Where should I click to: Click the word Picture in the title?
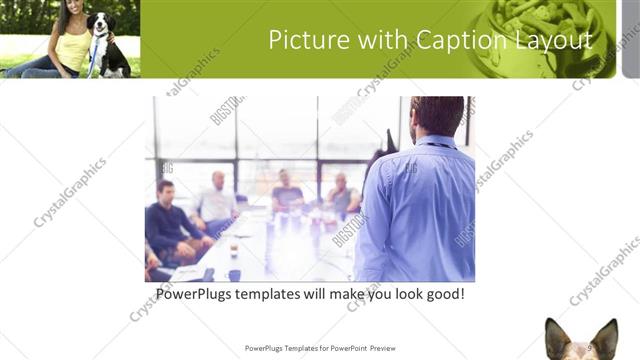pyautogui.click(x=302, y=39)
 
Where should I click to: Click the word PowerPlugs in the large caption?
pyautogui.click(x=200, y=296)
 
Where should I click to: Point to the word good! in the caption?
pyautogui.click(x=442, y=296)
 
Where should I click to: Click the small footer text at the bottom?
pyautogui.click(x=320, y=348)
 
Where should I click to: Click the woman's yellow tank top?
pyautogui.click(x=72, y=49)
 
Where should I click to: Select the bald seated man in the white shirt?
pyautogui.click(x=217, y=201)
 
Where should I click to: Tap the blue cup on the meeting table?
pyautogui.click(x=233, y=274)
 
